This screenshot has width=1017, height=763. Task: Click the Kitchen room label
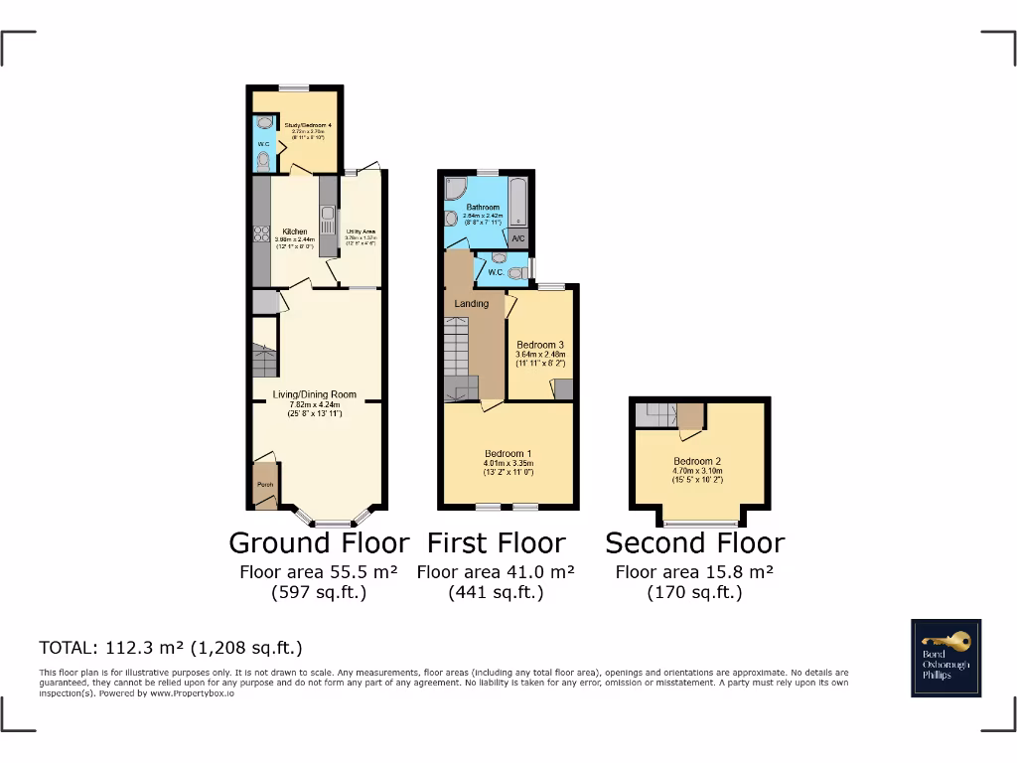coord(294,231)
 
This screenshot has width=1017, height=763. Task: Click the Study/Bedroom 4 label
coord(306,126)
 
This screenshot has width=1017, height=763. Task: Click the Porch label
coord(264,485)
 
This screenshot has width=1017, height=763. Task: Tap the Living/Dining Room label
coord(315,394)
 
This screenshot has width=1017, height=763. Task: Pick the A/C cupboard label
coord(518,239)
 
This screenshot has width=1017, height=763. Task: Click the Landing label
coord(472,303)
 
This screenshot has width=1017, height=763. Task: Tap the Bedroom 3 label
coord(540,346)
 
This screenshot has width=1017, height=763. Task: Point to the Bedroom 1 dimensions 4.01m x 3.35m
coord(508,463)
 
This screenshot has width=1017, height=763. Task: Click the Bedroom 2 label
coord(697,461)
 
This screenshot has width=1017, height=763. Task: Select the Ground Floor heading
coord(318,543)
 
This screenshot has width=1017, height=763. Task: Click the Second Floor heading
coord(694,543)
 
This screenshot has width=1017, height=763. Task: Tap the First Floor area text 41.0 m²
coord(496,572)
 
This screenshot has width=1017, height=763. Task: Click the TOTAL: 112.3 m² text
coord(170,648)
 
